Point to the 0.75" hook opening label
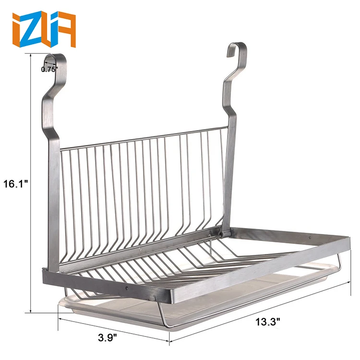(49, 69)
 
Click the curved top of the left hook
(53, 58)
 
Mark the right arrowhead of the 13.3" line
(349, 284)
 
